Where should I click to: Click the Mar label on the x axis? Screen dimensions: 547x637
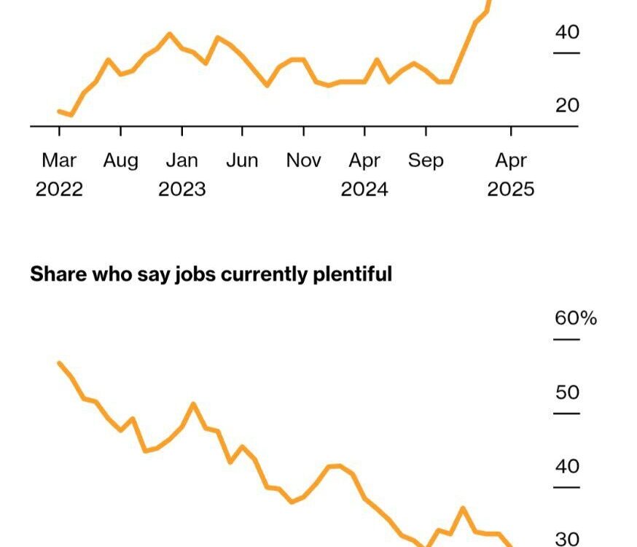(59, 160)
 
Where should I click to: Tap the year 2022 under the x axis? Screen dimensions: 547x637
(59, 190)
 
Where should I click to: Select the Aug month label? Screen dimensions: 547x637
(120, 160)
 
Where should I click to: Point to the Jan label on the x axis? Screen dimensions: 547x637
(182, 160)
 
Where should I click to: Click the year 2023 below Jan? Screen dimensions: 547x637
(182, 190)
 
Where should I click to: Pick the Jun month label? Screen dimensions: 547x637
(242, 160)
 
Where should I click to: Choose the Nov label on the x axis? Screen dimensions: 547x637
(303, 160)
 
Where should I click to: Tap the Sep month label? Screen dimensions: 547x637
(426, 160)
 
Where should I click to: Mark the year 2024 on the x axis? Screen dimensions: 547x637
(364, 190)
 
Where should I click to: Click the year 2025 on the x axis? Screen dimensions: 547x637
(511, 190)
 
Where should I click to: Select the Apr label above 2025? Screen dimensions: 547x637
(511, 160)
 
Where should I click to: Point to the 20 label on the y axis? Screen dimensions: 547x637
(567, 106)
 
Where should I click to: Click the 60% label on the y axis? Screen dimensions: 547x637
(575, 319)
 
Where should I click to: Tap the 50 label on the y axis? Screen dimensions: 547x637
(567, 392)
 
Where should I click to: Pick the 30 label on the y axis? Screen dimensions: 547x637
(567, 539)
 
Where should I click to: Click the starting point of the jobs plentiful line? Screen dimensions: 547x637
(59, 363)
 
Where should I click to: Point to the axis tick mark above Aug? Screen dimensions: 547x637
(120, 131)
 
